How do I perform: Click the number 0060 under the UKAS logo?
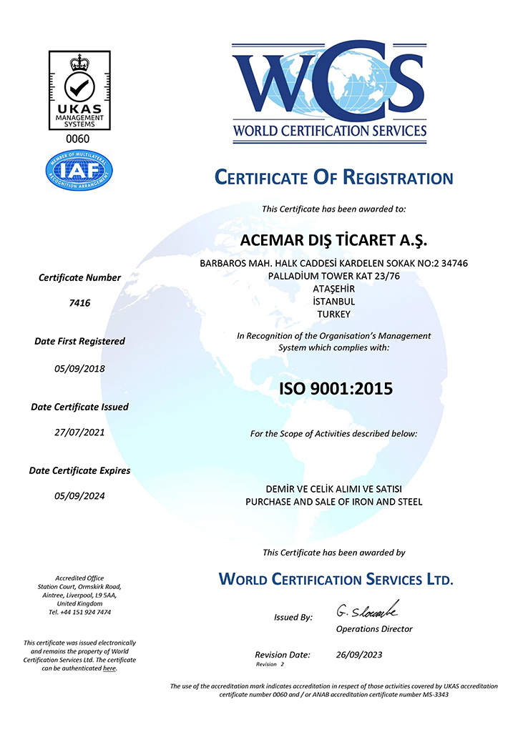point(79,139)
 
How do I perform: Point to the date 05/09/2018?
point(79,369)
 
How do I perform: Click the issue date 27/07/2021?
point(79,432)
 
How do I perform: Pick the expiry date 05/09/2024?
point(79,496)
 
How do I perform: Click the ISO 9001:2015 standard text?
point(336,390)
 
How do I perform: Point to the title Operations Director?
point(374,629)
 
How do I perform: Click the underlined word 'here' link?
point(109,668)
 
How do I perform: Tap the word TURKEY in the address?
point(333,313)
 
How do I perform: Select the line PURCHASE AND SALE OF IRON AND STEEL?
point(334,502)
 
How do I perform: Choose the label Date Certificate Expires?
point(79,470)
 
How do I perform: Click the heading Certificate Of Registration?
point(334,178)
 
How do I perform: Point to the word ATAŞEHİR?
point(334,288)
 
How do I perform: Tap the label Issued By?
point(293,617)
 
